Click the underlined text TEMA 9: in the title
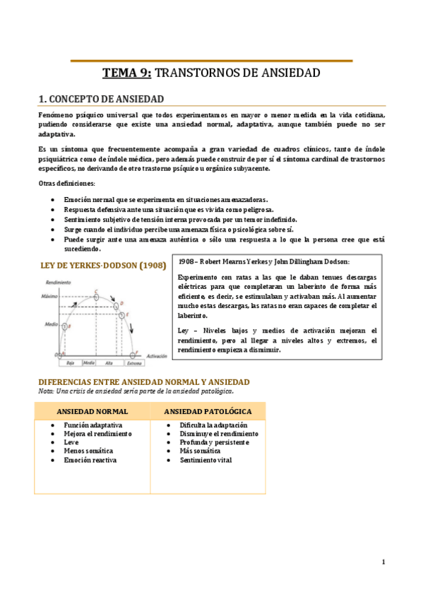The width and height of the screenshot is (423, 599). pyautogui.click(x=127, y=73)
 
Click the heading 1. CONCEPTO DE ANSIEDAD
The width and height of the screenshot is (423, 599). pyautogui.click(x=101, y=99)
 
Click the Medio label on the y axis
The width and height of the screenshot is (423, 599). pyautogui.click(x=49, y=326)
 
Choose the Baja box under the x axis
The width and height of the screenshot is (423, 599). pyautogui.click(x=70, y=363)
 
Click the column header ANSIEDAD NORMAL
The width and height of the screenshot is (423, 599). pyautogui.click(x=92, y=411)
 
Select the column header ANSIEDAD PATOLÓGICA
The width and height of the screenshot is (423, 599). pyautogui.click(x=208, y=411)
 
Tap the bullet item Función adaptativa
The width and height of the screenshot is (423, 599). pyautogui.click(x=93, y=426)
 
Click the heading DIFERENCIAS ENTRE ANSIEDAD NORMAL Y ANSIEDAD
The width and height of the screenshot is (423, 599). pyautogui.click(x=143, y=382)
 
